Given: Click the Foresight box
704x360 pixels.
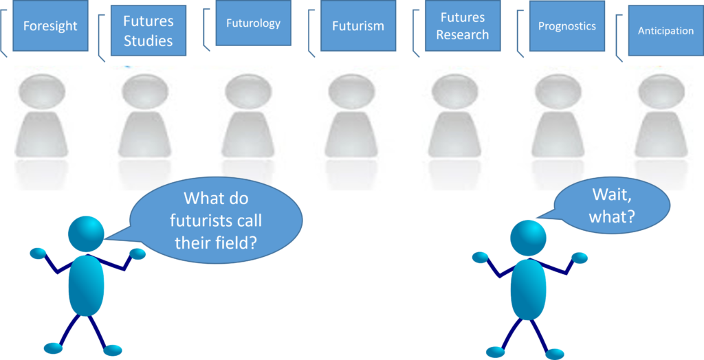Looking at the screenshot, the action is coord(50,25).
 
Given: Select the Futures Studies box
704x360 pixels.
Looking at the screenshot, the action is coord(148,30).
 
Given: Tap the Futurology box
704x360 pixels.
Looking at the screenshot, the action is coord(253,23).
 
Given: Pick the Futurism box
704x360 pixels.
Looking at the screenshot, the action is coord(357,25).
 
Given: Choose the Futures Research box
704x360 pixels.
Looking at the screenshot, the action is coord(463,25).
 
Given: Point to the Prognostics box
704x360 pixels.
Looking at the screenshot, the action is coord(567,25).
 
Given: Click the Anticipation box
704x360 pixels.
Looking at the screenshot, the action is coord(665,30).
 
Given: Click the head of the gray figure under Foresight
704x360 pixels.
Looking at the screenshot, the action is coord(42,91).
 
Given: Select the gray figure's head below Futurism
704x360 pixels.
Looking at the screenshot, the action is coord(351,91).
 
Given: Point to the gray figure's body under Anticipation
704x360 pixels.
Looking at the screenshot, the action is coord(661,135).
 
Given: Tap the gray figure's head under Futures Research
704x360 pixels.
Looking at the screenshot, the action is coord(455,91).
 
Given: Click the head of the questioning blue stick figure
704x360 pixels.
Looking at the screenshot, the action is coord(86,234).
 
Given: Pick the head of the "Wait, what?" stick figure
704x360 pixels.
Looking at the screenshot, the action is coord(529,238).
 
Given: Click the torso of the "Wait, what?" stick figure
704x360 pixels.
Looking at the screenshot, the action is coord(529,289).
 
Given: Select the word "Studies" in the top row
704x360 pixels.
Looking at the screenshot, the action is coord(148,41).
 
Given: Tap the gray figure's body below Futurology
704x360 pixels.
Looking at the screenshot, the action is coord(248,135).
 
